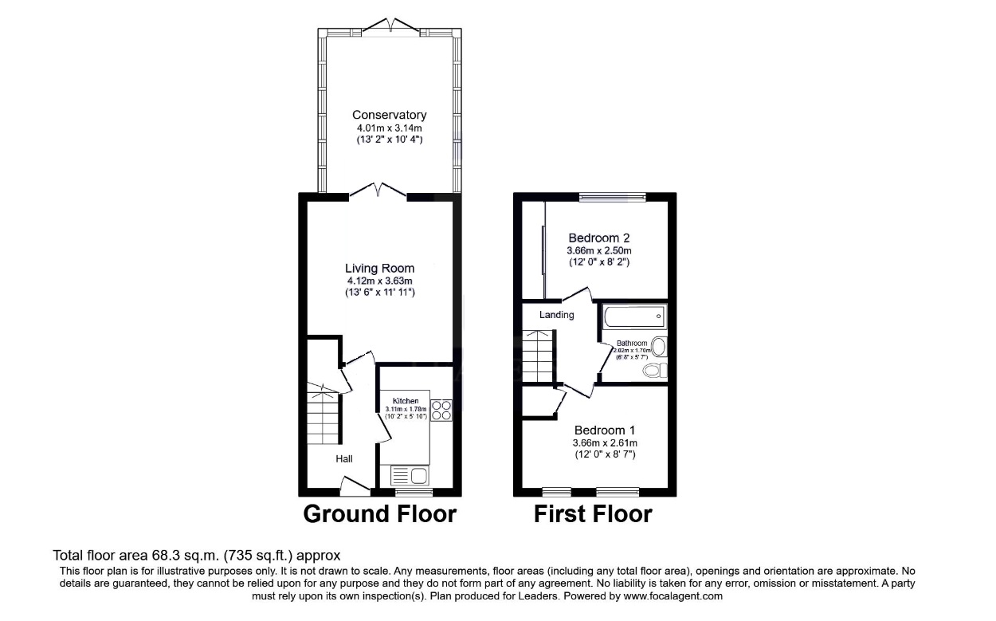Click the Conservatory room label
[x=389, y=115]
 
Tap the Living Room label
[x=379, y=269]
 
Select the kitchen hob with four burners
[x=441, y=410]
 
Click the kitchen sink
[x=410, y=476]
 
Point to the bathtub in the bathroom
[x=634, y=316]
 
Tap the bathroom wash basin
[x=659, y=347]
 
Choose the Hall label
[x=343, y=458]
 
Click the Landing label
[x=556, y=315]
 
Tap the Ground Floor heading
[x=379, y=514]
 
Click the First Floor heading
[x=592, y=514]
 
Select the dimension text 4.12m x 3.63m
[x=379, y=281]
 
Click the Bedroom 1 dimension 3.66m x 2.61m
[x=605, y=443]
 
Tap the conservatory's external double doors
[x=390, y=27]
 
